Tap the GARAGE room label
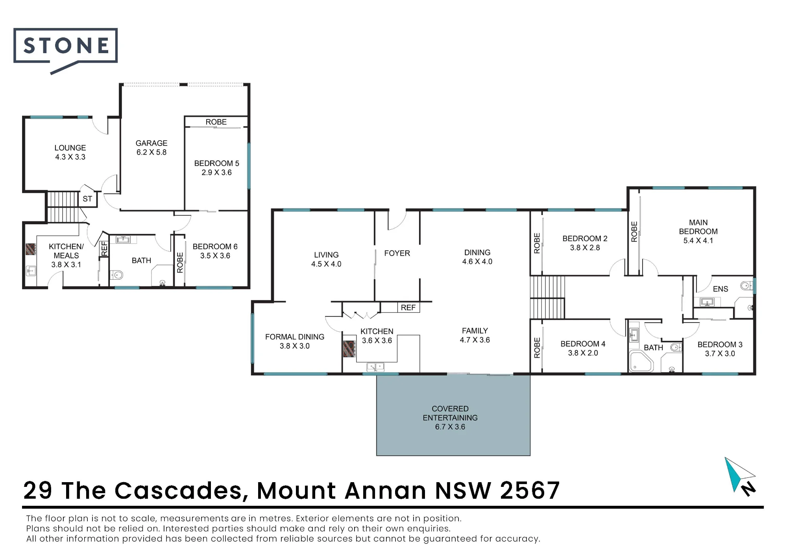point(151,143)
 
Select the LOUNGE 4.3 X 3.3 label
point(70,152)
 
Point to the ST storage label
point(87,199)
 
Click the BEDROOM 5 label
point(216,163)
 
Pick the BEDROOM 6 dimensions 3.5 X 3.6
point(215,256)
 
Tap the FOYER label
point(397,253)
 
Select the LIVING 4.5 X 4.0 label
point(326,260)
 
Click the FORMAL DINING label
point(295,337)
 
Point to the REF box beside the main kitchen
point(408,308)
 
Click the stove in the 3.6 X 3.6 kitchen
point(349,349)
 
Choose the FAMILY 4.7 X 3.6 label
point(475,335)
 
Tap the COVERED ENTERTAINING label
point(450,413)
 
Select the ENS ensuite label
point(720,289)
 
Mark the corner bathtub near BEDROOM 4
point(641,361)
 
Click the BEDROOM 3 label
point(720,345)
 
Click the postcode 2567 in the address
point(530,490)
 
